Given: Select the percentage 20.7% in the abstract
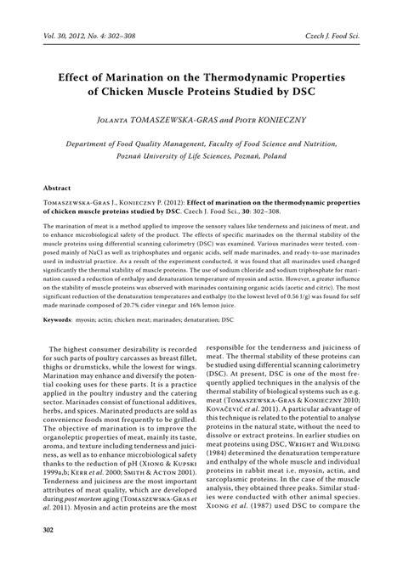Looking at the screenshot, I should point(136,281).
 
